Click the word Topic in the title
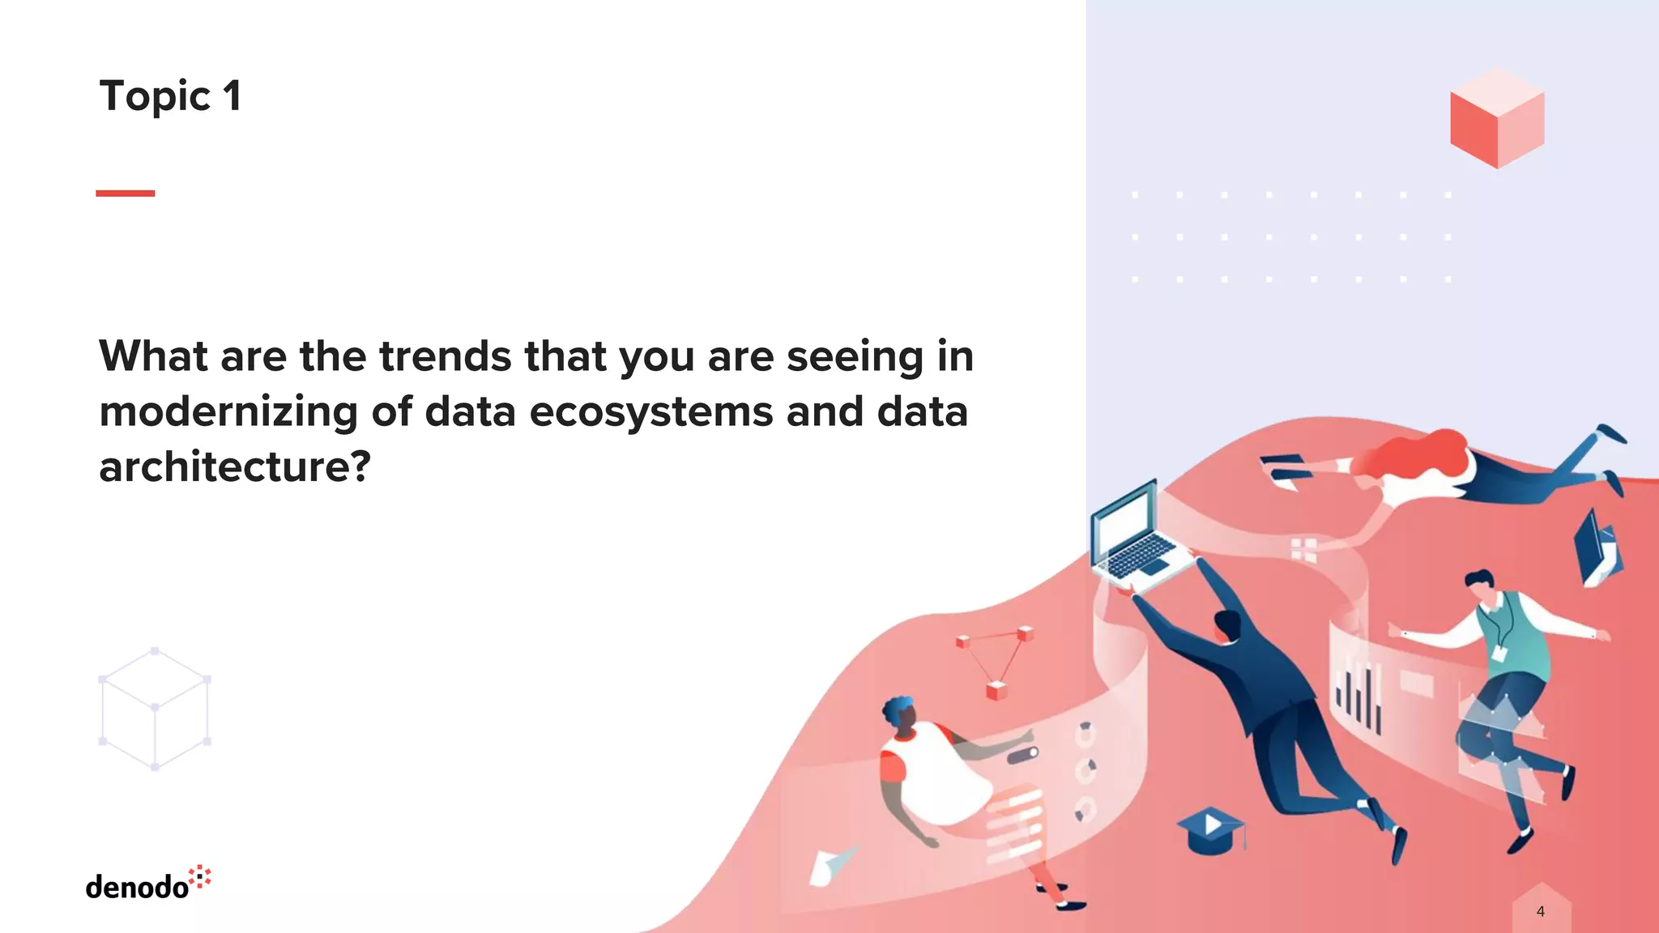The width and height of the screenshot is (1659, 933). click(155, 96)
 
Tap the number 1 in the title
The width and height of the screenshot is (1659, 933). click(232, 96)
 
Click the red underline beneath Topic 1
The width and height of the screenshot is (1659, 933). click(125, 194)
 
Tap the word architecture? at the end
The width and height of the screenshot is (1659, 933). click(235, 466)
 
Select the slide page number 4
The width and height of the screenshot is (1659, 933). click(1540, 911)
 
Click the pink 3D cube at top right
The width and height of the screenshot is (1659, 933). click(1497, 118)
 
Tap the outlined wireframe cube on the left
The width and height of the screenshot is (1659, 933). click(155, 709)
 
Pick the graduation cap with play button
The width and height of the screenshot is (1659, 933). click(1210, 829)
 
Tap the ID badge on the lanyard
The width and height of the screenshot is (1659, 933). click(1499, 653)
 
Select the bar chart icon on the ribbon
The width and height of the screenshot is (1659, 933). click(1358, 697)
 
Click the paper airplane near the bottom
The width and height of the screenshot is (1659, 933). click(831, 864)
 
